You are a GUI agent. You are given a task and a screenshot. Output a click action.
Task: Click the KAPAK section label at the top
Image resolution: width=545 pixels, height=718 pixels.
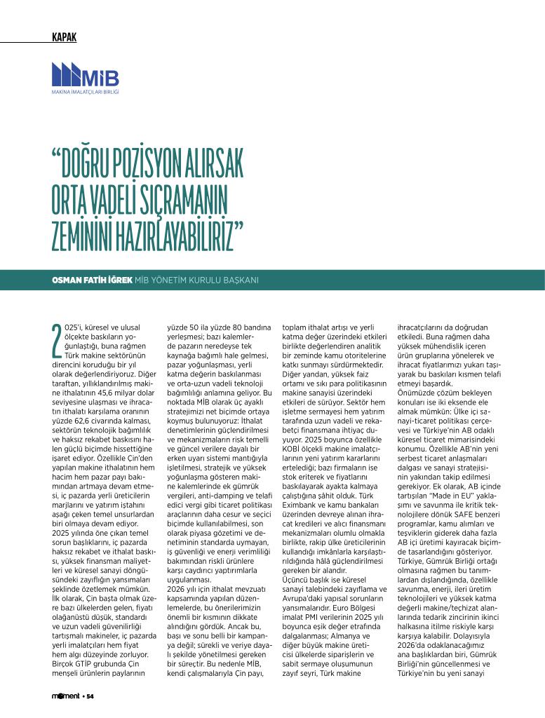coord(65,37)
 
